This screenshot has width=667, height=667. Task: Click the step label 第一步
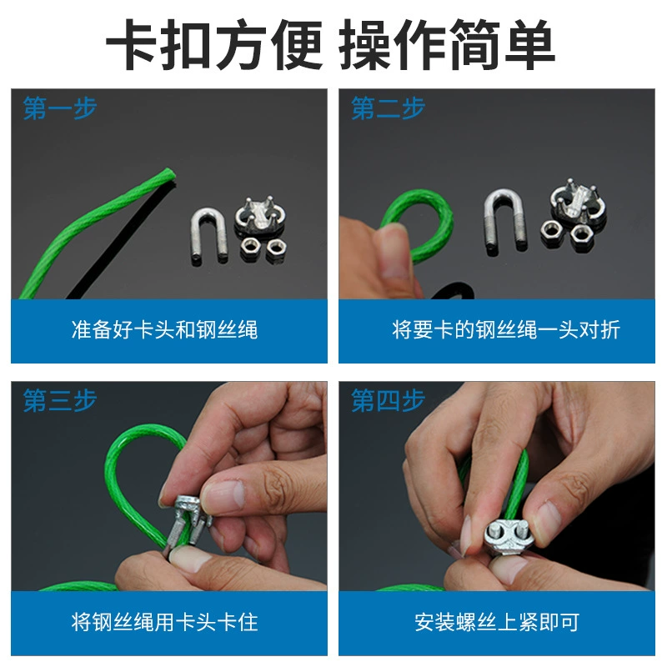click(60, 108)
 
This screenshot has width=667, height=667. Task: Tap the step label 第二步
click(388, 108)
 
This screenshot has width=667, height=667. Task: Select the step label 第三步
click(60, 400)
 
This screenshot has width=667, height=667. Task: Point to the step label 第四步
click(388, 400)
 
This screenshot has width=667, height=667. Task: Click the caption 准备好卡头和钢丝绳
click(164, 329)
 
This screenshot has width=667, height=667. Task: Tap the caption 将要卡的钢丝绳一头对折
click(506, 329)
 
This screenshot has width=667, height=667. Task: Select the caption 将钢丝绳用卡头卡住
click(164, 622)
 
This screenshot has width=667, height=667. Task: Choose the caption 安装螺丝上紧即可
click(497, 622)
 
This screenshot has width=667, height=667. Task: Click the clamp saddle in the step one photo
click(260, 216)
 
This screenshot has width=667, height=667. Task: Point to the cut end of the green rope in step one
click(169, 173)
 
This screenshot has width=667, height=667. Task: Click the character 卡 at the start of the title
click(133, 44)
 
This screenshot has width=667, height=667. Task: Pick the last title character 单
click(530, 44)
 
